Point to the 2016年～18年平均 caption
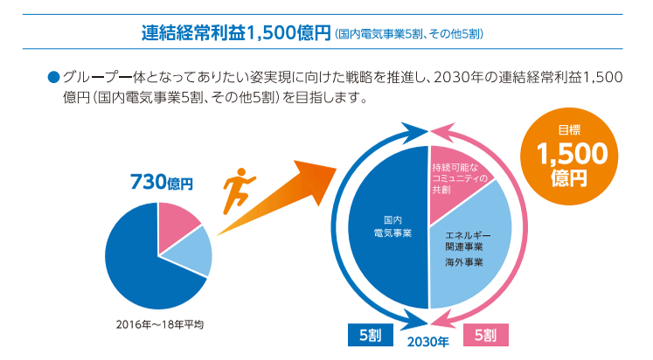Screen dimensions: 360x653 pyautogui.click(x=159, y=324)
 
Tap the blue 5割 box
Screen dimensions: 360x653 pyautogui.click(x=369, y=335)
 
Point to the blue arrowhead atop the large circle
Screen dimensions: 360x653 pyautogui.click(x=410, y=132)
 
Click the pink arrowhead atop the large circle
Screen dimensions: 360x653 pyautogui.click(x=446, y=133)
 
